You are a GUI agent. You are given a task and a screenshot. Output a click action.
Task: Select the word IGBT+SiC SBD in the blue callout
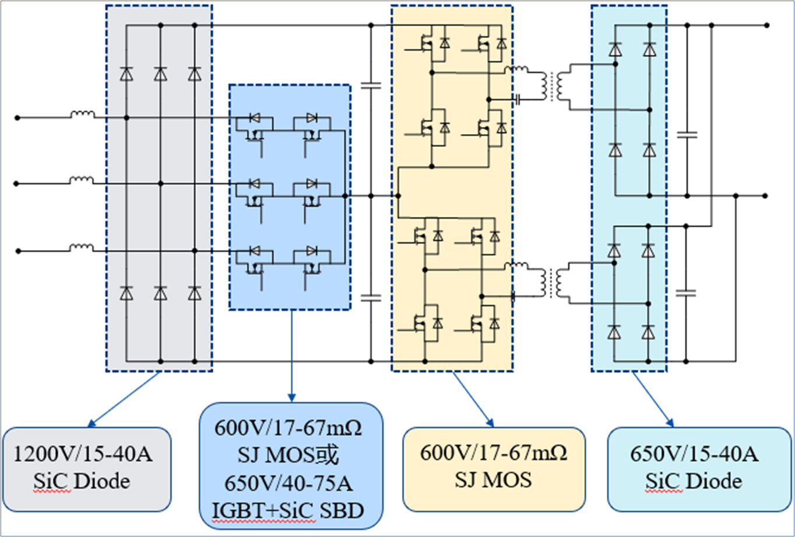coord(290,511)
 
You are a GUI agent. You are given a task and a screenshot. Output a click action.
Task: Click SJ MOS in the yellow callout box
coord(493,480)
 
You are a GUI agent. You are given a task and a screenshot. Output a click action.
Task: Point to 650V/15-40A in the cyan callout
coord(694,454)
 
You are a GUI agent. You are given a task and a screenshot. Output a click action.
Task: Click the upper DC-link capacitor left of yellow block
coord(371,86)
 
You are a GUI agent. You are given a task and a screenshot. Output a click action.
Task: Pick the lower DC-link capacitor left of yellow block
coord(371,297)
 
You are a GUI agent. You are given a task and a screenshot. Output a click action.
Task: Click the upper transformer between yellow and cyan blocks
coord(549,86)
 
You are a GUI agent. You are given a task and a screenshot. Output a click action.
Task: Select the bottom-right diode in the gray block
coord(195,293)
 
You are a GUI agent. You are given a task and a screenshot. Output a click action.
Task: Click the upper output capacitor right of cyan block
coord(688,135)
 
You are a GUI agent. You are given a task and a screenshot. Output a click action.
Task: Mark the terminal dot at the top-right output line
coord(766,26)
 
